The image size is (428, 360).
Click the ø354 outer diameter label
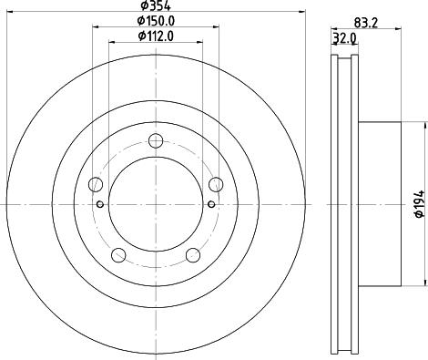click(155, 8)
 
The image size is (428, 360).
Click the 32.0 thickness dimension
click(344, 39)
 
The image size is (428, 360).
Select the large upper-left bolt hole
click(97, 181)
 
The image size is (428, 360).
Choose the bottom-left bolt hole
click(119, 255)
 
